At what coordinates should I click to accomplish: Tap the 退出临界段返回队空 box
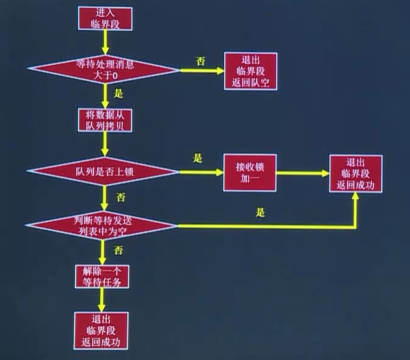[x=249, y=70]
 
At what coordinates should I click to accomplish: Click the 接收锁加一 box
[x=249, y=173]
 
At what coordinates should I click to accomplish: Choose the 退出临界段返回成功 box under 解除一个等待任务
[x=101, y=330]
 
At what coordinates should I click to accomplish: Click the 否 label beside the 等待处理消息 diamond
[x=200, y=62]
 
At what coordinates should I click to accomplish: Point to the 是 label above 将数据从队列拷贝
[x=119, y=93]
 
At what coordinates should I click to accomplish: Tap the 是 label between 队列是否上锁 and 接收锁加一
[x=197, y=159]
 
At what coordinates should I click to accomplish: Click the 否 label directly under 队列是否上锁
[x=120, y=198]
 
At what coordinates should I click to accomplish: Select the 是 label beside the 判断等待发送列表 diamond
[x=260, y=213]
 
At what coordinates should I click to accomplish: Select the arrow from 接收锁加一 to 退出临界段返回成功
[x=303, y=173]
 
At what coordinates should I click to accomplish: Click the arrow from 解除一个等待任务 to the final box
[x=102, y=300]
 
